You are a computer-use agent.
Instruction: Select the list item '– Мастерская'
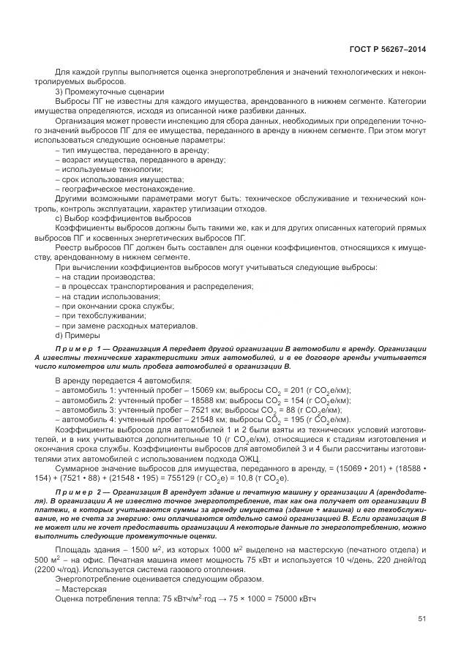[81, 588]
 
